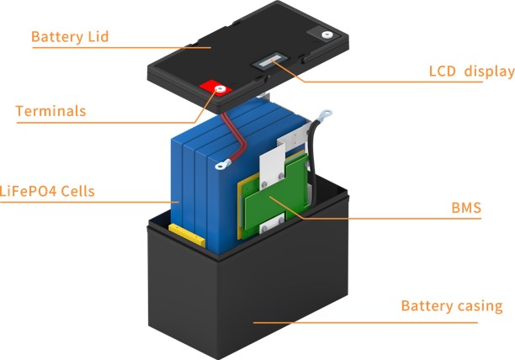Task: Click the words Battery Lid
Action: pyautogui.click(x=70, y=37)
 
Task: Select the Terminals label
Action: pyautogui.click(x=50, y=111)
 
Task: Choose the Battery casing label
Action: pyautogui.click(x=457, y=305)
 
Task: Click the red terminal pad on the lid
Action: pyautogui.click(x=214, y=88)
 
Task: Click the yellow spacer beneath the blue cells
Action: pyautogui.click(x=186, y=231)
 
